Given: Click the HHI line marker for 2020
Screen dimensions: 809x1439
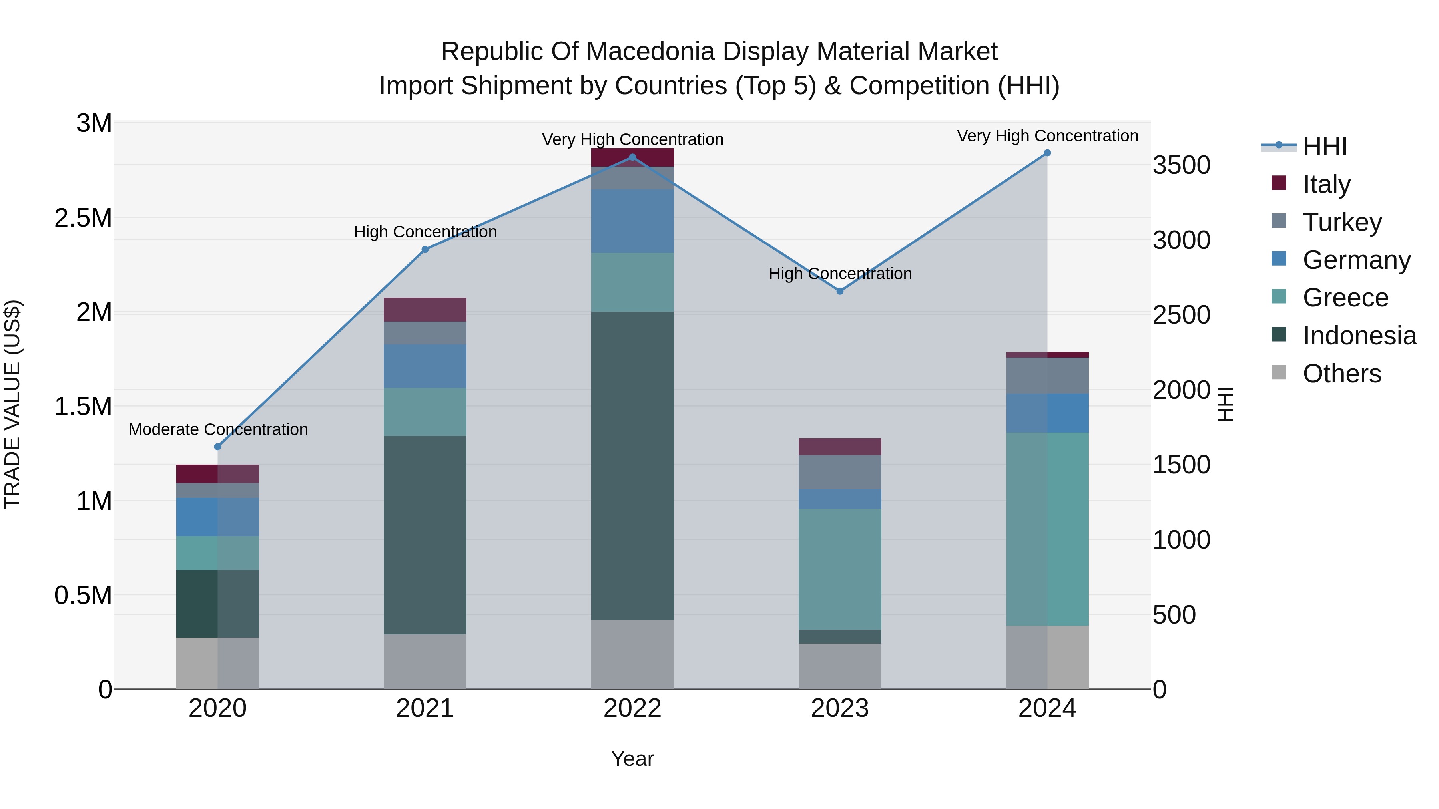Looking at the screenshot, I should click(x=218, y=447).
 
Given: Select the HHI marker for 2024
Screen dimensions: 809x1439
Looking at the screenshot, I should click(x=1047, y=153).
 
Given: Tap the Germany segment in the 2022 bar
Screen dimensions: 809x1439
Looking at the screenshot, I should click(x=632, y=221).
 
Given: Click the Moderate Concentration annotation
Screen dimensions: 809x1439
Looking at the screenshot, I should click(x=218, y=429).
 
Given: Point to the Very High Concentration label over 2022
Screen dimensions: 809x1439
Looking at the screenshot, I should click(x=632, y=139).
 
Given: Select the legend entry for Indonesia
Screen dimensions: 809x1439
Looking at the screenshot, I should click(x=1359, y=336).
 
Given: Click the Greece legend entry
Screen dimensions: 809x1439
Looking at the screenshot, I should click(x=1345, y=298).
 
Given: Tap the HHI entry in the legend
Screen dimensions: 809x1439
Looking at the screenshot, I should click(x=1324, y=146).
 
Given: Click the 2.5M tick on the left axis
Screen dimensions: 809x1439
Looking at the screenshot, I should click(x=83, y=218).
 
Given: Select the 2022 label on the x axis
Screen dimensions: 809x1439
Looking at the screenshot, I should click(x=632, y=708).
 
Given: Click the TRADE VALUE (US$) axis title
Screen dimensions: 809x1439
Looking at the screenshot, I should click(x=12, y=404).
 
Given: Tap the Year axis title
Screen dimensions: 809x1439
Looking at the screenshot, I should click(x=632, y=759).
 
